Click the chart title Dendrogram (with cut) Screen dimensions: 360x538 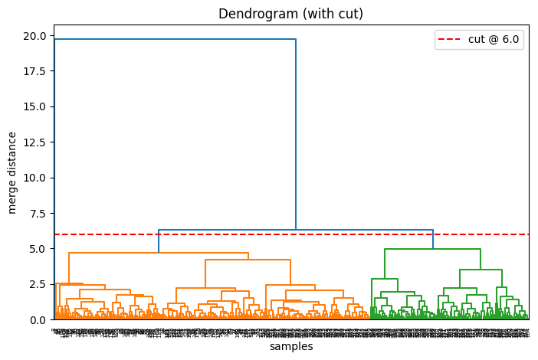290,14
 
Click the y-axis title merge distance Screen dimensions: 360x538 12,172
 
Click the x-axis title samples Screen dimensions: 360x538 290,347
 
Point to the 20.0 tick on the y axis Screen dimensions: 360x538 34,35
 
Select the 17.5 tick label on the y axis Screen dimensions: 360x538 34,71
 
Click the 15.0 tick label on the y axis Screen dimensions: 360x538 34,106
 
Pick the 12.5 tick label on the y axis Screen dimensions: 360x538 34,142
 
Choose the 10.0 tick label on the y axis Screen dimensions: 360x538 34,178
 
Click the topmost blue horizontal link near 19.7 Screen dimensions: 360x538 175,39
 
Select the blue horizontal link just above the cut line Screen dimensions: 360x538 296,230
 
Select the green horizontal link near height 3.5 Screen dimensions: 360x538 481,270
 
